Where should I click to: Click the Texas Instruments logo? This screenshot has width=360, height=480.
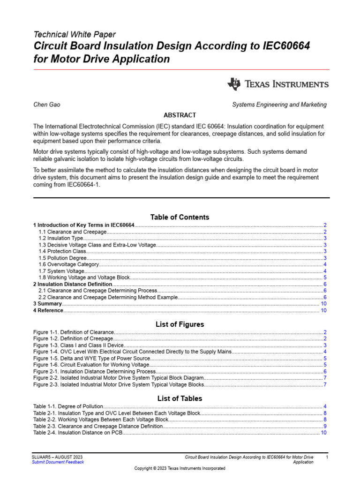pos(277,84)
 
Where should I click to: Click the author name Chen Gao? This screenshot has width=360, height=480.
pos(46,105)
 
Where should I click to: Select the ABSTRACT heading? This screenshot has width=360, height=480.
pos(180,115)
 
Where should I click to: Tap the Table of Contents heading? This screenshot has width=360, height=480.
pos(180,217)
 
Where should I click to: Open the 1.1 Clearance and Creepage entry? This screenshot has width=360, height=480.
pos(73,232)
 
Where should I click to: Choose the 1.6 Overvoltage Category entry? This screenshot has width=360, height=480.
pos(68,264)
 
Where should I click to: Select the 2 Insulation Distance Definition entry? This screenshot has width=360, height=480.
pos(73,284)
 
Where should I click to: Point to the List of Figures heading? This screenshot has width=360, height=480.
pos(180,324)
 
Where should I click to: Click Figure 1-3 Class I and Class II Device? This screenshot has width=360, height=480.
pos(78,345)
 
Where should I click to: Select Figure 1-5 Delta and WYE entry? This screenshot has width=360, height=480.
pos(91,359)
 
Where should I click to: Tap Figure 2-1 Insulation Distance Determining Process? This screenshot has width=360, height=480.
pos(94,371)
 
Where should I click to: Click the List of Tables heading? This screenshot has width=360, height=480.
pos(180,398)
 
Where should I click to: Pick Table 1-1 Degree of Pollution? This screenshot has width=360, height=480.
pos(68,406)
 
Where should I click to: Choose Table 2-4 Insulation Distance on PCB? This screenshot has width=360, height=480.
pos(78,433)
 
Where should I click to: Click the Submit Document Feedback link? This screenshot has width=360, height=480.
pos(58,462)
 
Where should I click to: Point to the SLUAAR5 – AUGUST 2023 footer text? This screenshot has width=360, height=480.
pos(58,457)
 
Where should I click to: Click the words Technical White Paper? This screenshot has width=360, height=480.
pos(75,34)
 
